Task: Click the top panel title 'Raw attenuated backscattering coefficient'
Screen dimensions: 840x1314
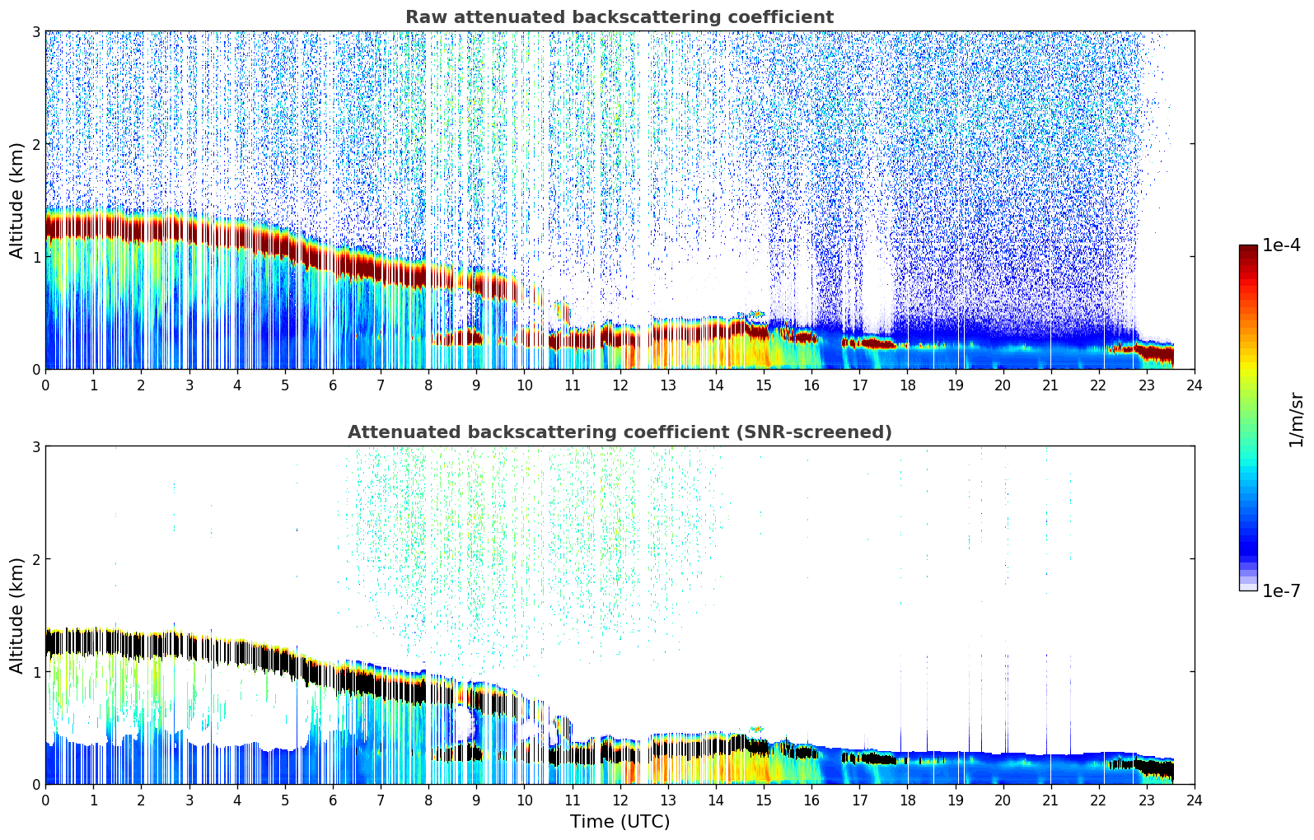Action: (x=619, y=17)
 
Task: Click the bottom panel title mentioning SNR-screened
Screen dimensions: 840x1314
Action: (x=619, y=432)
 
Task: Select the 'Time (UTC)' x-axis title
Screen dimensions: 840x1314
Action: (x=620, y=822)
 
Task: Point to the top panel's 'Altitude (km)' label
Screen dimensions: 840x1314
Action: (x=16, y=200)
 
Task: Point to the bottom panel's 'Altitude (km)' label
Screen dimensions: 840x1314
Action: (x=16, y=615)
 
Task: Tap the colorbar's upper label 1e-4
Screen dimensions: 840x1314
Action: (x=1281, y=245)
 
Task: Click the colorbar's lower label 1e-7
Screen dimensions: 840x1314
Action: (x=1281, y=590)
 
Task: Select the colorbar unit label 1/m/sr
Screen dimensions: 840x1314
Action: (x=1296, y=419)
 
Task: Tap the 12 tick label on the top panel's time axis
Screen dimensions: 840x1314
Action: (x=620, y=385)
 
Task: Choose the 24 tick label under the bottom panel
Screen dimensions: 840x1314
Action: (x=1195, y=800)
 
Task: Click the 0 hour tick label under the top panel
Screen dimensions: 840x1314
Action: (x=45, y=385)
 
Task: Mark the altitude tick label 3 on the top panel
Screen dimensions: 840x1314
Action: (x=35, y=31)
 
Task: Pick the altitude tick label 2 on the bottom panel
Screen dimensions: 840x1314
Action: (x=35, y=559)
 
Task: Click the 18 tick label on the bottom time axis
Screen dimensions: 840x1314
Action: (x=907, y=800)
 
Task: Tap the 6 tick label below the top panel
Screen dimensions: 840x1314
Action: (x=333, y=385)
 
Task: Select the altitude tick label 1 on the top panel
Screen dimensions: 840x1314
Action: (x=35, y=257)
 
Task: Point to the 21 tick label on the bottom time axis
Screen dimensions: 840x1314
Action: (x=1050, y=800)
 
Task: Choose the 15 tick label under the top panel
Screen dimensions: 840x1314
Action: (x=764, y=385)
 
